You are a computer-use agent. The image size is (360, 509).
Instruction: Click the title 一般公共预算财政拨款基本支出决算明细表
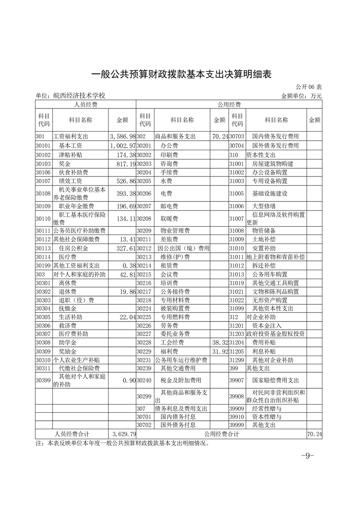point(181,74)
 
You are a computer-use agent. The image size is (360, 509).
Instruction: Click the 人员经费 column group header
point(86,104)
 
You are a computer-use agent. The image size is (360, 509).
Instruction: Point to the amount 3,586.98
point(123,136)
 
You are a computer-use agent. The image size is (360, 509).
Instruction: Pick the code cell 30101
point(44,146)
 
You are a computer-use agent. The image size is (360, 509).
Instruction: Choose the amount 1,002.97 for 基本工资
point(123,146)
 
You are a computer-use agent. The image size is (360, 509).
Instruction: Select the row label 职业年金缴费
point(76,206)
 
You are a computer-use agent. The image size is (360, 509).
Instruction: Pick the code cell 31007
point(237,219)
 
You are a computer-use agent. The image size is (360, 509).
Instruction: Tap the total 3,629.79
point(123,434)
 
